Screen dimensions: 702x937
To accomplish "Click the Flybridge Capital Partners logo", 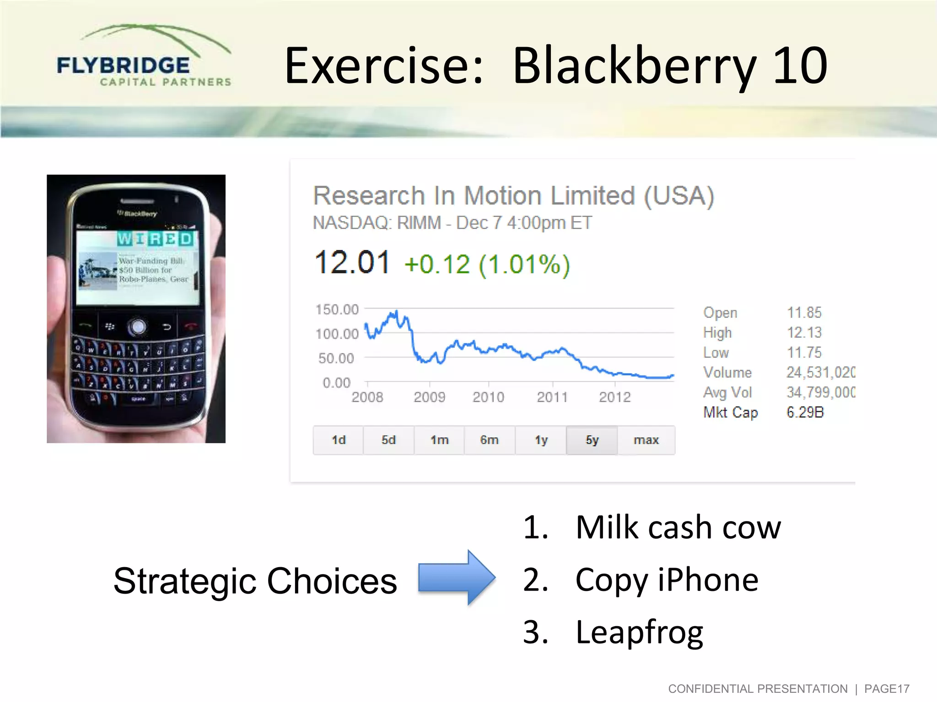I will (x=143, y=57).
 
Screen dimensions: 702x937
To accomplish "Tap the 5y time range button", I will (x=592, y=440).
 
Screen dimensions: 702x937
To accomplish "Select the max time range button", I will (x=646, y=440).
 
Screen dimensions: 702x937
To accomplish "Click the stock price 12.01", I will (x=352, y=263).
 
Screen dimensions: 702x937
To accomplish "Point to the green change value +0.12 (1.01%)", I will (x=487, y=265).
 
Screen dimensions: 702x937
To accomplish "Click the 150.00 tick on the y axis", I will (x=337, y=309).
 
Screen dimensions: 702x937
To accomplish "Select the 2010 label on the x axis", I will (x=488, y=397).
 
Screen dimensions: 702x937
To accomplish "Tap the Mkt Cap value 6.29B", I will (x=805, y=412).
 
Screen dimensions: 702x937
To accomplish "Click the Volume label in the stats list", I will (x=727, y=372).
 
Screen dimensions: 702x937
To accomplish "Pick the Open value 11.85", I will (x=804, y=313).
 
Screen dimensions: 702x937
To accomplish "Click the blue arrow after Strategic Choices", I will (x=457, y=578).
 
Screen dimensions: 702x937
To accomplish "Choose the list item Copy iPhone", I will (x=666, y=580).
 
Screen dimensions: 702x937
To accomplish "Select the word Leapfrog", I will (x=639, y=632).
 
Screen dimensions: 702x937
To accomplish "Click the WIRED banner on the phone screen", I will (x=155, y=239).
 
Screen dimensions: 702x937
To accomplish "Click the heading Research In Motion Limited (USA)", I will (x=513, y=196).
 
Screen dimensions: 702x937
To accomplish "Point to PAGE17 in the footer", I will (x=886, y=689).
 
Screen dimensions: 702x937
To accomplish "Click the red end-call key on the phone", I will (x=191, y=325).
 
